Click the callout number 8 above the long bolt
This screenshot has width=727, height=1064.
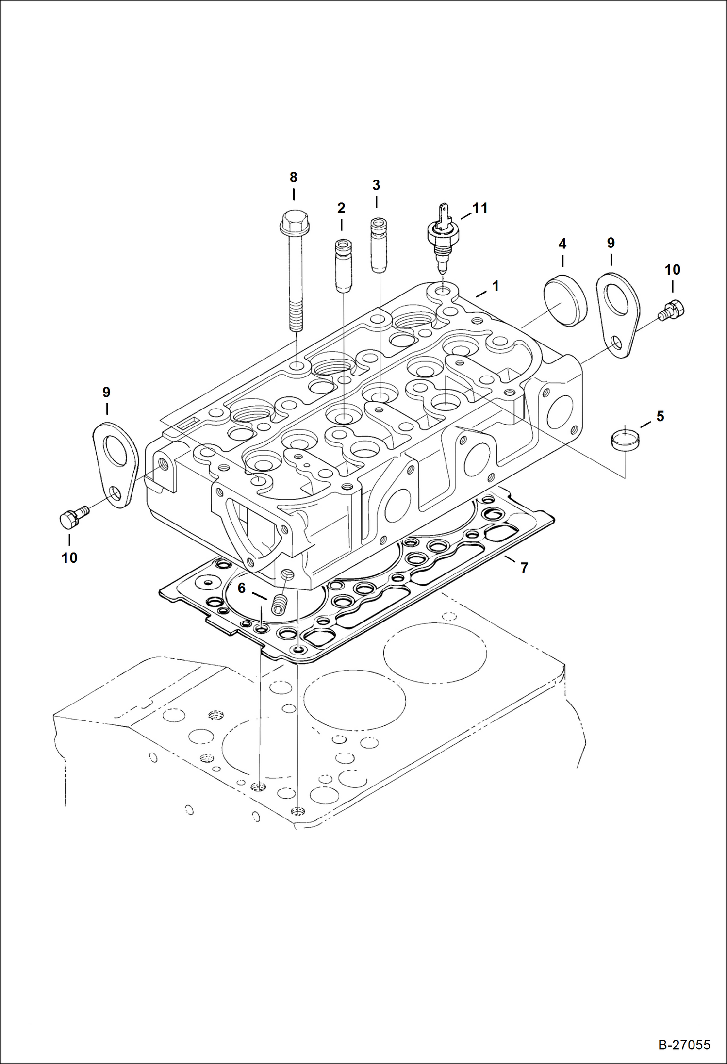click(293, 178)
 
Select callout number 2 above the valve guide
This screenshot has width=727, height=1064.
click(341, 208)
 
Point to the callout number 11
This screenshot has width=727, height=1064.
click(480, 208)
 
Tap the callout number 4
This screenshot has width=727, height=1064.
click(562, 244)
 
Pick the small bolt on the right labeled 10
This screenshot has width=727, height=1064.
click(673, 310)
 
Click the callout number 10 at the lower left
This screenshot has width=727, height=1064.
click(69, 558)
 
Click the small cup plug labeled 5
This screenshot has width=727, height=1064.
click(625, 438)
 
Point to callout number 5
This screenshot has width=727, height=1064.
click(660, 416)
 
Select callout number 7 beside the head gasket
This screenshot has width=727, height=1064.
click(524, 568)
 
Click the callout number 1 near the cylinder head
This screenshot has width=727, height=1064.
click(495, 286)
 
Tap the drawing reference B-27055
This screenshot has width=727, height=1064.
click(684, 1045)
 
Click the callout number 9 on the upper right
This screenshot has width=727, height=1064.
click(611, 243)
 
